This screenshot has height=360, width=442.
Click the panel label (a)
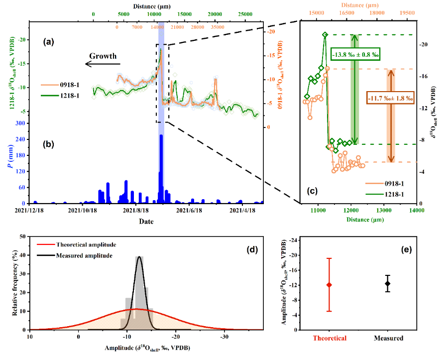(x=48, y=42)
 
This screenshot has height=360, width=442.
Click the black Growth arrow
(x=102, y=64)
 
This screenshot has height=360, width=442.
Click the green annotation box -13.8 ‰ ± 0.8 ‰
(x=355, y=54)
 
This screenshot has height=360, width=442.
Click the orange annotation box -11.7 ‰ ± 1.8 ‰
(x=391, y=98)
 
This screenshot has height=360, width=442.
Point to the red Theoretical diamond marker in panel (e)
(x=329, y=285)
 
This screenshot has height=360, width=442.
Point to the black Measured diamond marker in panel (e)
(x=388, y=283)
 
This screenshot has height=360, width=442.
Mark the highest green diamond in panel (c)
(x=325, y=35)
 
